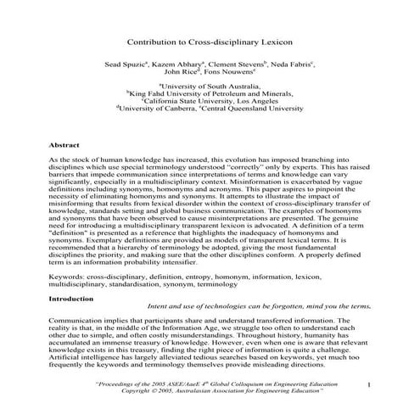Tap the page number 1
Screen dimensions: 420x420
[x=369, y=386]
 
